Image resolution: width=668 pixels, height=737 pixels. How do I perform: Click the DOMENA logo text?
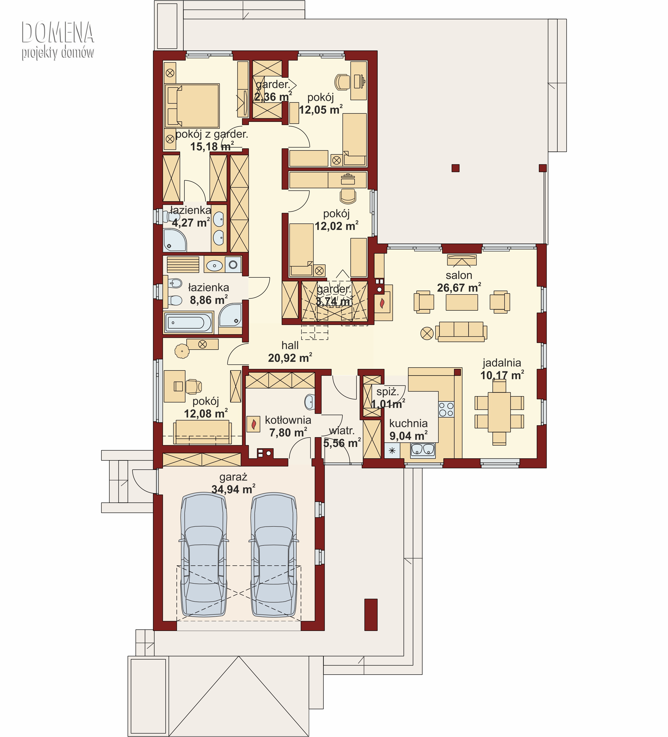point(58,32)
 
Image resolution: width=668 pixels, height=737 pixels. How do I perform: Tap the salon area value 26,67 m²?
point(459,288)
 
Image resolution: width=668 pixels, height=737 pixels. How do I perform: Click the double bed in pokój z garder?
point(192,106)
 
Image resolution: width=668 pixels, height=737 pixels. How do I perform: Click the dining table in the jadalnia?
point(499,412)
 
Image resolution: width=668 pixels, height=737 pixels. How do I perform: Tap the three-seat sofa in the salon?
point(461,331)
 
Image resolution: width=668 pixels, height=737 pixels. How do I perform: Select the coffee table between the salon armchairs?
point(462,302)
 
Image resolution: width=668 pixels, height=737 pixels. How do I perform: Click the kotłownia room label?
point(288,420)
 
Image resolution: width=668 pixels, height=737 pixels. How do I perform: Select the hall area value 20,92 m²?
point(290,358)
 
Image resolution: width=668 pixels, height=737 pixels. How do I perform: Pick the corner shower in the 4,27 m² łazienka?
point(175,240)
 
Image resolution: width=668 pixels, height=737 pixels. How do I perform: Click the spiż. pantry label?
point(388,392)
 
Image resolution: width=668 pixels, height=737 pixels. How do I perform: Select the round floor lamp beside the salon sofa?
point(427,333)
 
